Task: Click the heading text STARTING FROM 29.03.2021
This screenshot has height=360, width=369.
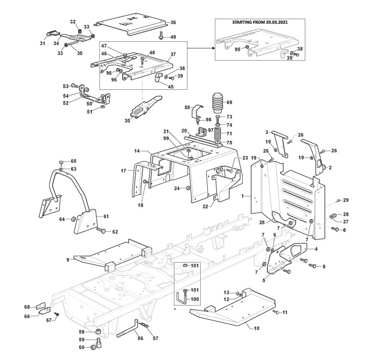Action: pos(260,22)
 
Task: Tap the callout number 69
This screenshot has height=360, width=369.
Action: pos(229,102)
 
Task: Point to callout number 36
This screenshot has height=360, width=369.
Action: pos(173,23)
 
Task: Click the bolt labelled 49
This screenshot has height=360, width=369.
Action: pos(161,36)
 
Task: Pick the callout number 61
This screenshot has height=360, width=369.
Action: pos(106,216)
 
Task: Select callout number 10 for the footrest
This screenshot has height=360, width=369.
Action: pos(257,328)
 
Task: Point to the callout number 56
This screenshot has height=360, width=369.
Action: pos(140,338)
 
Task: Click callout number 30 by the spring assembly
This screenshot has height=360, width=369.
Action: pos(127,121)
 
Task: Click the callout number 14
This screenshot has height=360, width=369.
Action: pos(137,151)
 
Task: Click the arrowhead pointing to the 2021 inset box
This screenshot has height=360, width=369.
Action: pos(213,48)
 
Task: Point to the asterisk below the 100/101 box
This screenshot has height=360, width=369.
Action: pos(175,309)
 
